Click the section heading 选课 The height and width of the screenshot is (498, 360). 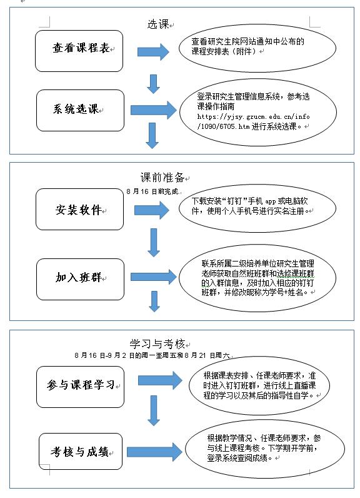[x=158, y=24]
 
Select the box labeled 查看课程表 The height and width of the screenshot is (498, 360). [x=79, y=51]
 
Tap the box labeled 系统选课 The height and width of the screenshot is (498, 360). [x=80, y=110]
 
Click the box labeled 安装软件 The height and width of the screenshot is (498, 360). [x=79, y=210]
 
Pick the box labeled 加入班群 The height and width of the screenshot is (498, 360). [x=80, y=279]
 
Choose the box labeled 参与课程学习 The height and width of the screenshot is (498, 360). [x=80, y=387]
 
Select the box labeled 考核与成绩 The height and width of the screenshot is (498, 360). [x=81, y=451]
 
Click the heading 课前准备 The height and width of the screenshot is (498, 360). [x=162, y=177]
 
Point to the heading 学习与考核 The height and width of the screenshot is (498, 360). [x=157, y=343]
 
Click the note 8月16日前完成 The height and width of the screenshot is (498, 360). [x=152, y=191]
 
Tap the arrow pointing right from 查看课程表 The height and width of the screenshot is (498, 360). [x=153, y=52]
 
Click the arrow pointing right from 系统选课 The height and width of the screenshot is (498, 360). [x=154, y=110]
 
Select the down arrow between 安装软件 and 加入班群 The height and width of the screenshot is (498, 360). [x=154, y=243]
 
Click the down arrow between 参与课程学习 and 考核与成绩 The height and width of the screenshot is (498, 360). [x=154, y=410]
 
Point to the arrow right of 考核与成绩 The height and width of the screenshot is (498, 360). [x=154, y=452]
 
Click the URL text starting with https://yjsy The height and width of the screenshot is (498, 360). [x=253, y=121]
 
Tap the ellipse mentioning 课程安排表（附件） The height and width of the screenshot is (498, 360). [x=257, y=48]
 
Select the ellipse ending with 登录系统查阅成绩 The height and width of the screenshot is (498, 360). [x=265, y=448]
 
